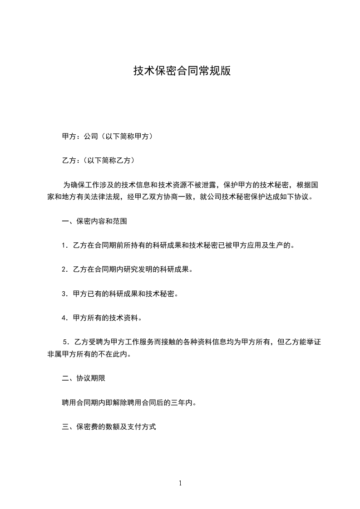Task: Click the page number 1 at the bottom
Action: pos(180,483)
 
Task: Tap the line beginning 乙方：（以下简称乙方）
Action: pos(98,160)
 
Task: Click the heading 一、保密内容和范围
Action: pos(94,222)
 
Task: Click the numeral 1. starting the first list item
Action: pos(64,246)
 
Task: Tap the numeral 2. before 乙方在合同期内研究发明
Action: pos(64,270)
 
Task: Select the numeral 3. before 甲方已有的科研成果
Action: pos(64,294)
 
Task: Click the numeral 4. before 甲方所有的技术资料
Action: pos(64,318)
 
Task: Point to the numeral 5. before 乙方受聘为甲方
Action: pos(66,342)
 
